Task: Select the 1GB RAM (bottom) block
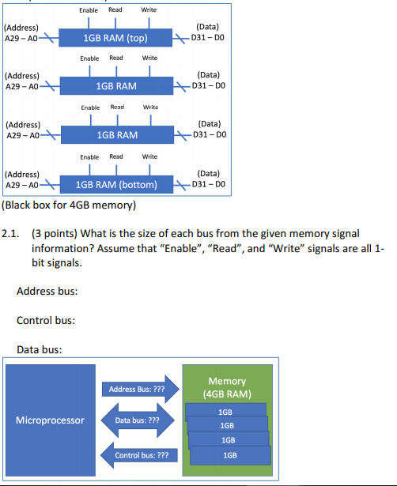point(115,186)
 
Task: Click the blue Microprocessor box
point(51,420)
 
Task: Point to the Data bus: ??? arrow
point(137,420)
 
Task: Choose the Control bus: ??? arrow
point(140,455)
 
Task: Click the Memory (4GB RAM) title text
point(227,387)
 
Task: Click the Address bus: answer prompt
point(47,292)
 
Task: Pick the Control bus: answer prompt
point(46,320)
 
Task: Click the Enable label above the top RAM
point(89,9)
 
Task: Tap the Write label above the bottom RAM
point(149,156)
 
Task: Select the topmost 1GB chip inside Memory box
point(225,412)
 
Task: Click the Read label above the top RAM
point(116,9)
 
